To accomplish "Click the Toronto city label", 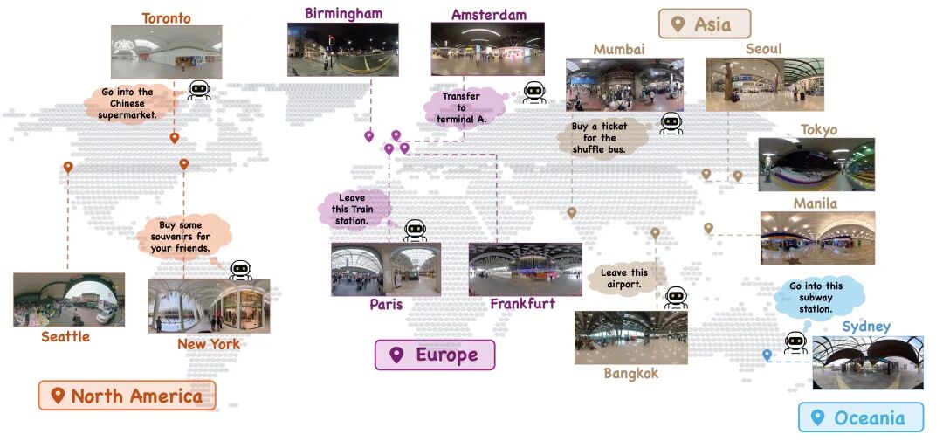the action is (166, 17).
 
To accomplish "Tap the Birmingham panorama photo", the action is (342, 50).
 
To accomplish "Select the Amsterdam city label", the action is (488, 15).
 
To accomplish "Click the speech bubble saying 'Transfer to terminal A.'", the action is (462, 107).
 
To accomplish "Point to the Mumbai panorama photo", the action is (623, 84).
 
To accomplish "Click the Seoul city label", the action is (763, 49).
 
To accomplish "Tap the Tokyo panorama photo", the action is (816, 164).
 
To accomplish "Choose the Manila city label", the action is (815, 203).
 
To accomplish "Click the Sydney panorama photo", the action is (867, 362).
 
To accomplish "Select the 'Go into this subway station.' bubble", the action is (815, 298).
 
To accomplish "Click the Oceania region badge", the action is (860, 417).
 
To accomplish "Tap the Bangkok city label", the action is (630, 374).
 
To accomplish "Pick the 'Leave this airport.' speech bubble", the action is (624, 279).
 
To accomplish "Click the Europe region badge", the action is (435, 355).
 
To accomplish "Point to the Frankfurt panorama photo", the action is (525, 270).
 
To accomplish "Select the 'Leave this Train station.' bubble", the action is (354, 208).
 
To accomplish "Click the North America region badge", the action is (127, 396).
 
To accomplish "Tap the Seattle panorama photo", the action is (69, 300).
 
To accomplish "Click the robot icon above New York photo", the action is (240, 269).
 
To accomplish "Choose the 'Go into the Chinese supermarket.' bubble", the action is (127, 103).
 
